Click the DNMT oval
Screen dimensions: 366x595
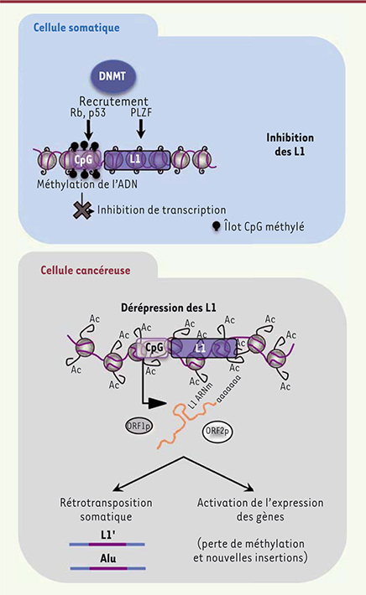(112, 76)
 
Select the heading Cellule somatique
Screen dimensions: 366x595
(76, 28)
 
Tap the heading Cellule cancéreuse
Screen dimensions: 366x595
(86, 270)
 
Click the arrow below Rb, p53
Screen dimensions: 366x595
(88, 130)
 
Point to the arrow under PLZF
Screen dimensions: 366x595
(141, 129)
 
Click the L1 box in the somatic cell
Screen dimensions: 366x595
(137, 160)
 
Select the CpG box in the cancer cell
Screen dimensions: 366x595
(154, 348)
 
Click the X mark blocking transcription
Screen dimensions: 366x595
(83, 210)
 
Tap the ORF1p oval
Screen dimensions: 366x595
(139, 427)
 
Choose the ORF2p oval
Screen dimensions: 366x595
(217, 432)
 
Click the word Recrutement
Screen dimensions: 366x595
(113, 101)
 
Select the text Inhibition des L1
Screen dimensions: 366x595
(290, 145)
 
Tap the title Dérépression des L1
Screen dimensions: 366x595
(169, 308)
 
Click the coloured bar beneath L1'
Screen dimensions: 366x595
(107, 545)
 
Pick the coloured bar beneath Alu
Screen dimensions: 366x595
(108, 568)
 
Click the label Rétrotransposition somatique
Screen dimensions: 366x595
(106, 510)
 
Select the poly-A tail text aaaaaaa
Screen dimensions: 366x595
(228, 389)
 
